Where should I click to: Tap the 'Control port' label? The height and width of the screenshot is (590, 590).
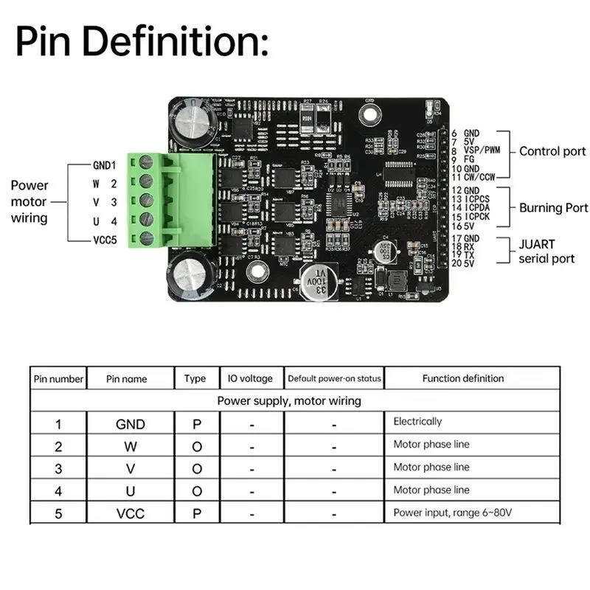552,151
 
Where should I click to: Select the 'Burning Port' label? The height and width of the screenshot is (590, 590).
553,208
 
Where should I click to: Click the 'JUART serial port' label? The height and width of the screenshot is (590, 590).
546,251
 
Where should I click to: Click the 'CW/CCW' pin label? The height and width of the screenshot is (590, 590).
481,177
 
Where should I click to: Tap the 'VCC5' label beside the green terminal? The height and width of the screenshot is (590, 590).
104,239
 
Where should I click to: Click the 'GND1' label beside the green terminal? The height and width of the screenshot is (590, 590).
104,164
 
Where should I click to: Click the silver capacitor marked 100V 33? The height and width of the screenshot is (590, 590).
319,280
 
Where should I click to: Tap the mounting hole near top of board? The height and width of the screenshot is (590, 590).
369,114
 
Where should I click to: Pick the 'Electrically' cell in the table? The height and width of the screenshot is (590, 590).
417,422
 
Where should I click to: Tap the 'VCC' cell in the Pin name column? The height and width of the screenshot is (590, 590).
131,513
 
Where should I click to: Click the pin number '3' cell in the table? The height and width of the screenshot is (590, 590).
58,468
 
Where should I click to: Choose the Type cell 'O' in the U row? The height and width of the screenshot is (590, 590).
196,490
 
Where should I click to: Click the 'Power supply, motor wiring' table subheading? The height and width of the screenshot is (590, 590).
289,401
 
